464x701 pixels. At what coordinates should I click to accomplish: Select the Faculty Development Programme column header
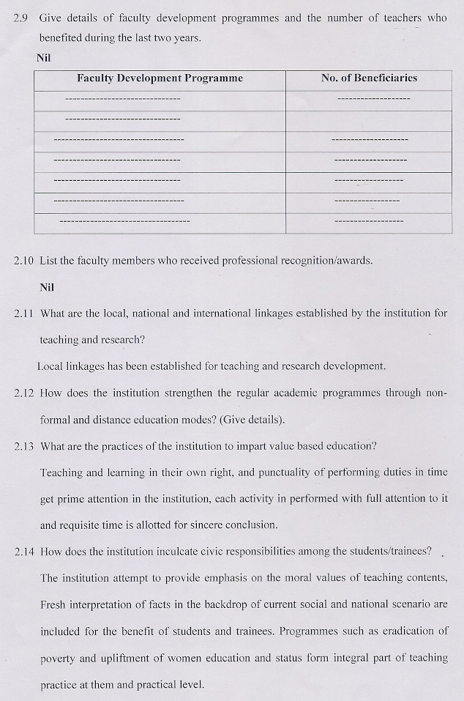160,78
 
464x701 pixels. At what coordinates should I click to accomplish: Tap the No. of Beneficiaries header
369,78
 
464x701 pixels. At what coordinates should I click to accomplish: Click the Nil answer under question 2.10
47,286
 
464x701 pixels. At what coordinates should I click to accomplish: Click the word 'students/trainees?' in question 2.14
389,551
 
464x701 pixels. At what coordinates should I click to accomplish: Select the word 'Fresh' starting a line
54,604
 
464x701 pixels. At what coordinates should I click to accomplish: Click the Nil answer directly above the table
43,56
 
